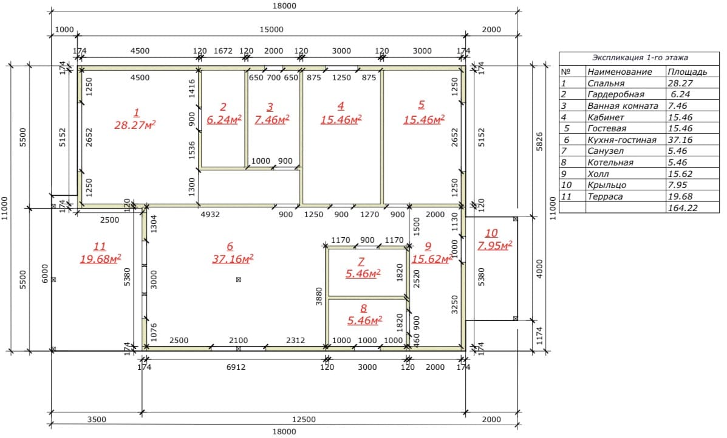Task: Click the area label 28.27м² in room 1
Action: point(135,125)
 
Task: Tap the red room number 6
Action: point(230,246)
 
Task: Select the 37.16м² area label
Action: point(233,259)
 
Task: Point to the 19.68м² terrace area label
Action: point(100,259)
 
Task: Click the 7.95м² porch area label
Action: point(495,245)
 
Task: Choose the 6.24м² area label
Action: point(224,119)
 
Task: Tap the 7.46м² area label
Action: point(271,119)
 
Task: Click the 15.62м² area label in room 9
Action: point(432,259)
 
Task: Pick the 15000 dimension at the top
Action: point(271,29)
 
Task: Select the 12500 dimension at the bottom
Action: point(304,419)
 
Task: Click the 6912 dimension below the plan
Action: point(236,367)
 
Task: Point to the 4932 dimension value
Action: point(210,214)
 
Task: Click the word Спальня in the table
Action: point(606,83)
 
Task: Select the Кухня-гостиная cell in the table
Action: point(622,140)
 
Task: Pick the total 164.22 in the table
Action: point(683,208)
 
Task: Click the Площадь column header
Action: point(687,72)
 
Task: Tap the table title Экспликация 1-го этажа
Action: point(640,58)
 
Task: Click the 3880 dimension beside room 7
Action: point(319,296)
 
